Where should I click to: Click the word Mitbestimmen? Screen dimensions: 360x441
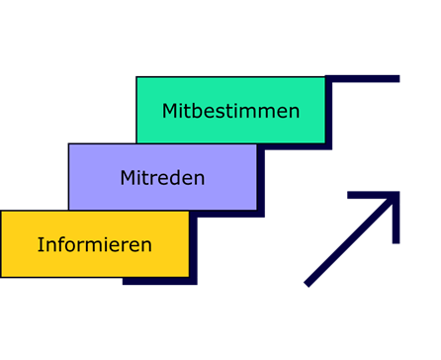230,111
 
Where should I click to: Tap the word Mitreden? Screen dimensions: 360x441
162,178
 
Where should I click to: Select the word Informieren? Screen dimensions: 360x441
94,244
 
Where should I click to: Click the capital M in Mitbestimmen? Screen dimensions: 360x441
170,111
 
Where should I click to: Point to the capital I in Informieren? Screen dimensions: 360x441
41,244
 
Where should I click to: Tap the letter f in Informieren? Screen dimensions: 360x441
61,244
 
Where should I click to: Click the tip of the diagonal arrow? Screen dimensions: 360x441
397,195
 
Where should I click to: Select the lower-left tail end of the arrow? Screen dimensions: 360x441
309,284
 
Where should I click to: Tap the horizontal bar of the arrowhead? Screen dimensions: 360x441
372,196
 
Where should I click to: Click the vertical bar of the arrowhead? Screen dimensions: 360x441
396,220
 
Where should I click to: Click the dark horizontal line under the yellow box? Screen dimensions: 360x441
158,282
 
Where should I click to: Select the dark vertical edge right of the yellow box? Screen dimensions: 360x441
193,247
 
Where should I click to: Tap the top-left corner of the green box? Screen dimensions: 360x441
137,78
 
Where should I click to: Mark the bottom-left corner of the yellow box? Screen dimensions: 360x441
2,276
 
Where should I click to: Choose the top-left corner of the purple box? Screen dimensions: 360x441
69,144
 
